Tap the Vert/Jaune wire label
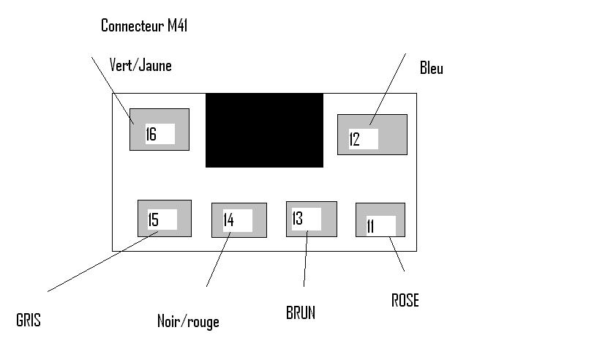(140, 65)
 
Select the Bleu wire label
(432, 69)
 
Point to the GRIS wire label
(29, 320)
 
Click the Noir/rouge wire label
(188, 321)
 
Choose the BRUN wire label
(301, 312)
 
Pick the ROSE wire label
(405, 301)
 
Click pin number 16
(151, 135)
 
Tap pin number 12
(355, 139)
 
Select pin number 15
(154, 220)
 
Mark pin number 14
(228, 220)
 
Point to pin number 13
(298, 218)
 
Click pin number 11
(371, 226)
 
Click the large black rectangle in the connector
(264, 130)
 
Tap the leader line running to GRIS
(95, 261)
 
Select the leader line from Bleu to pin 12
(388, 88)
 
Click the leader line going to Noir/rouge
(217, 260)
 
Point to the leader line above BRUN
(305, 260)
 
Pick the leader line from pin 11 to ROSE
(397, 255)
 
